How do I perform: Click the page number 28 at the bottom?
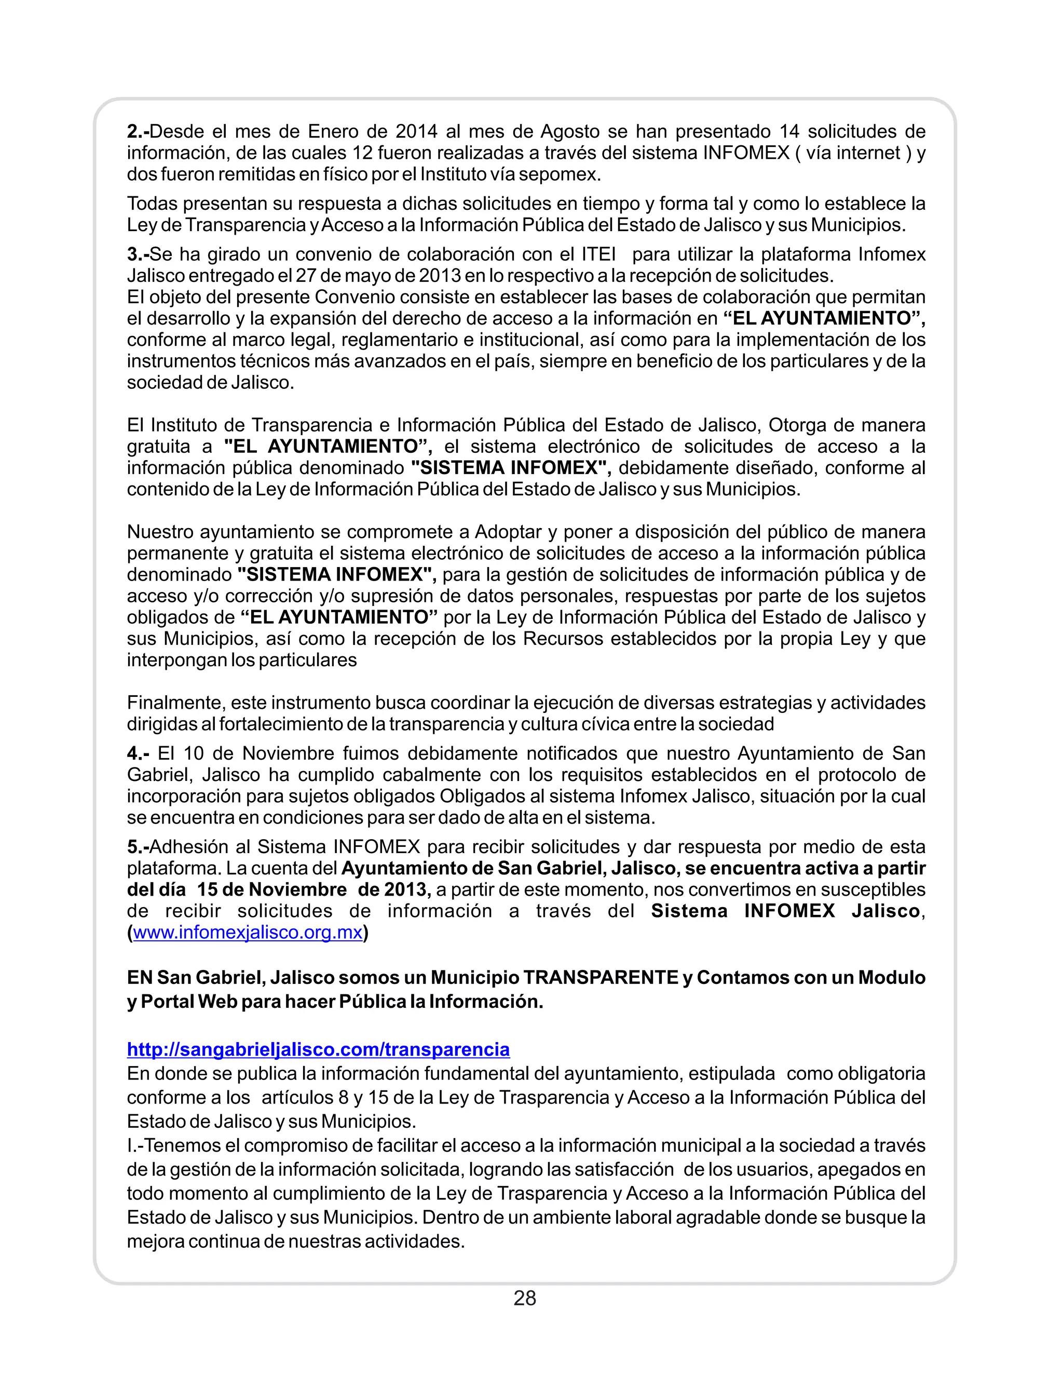point(525,1298)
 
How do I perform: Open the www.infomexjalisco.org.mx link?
point(248,932)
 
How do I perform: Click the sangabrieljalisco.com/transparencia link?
point(319,1049)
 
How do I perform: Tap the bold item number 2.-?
point(138,132)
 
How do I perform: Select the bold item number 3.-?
point(138,254)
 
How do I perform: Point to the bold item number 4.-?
point(138,753)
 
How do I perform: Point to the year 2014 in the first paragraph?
point(416,132)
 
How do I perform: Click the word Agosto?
point(570,132)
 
